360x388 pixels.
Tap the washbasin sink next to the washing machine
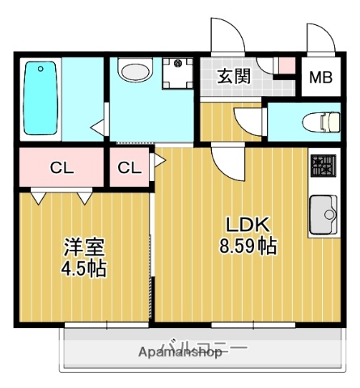pyautogui.click(x=133, y=71)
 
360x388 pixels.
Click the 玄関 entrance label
pyautogui.click(x=233, y=77)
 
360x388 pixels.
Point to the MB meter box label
pyautogui.click(x=321, y=78)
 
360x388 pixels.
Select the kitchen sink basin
pyautogui.click(x=324, y=214)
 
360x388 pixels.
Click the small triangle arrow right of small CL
pyautogui.click(x=159, y=160)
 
